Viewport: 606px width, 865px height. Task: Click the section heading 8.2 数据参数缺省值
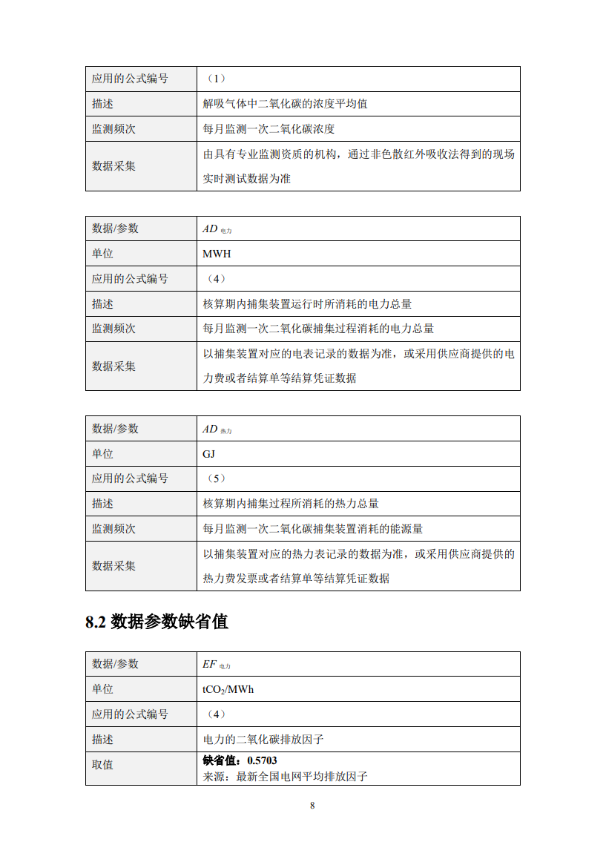click(157, 622)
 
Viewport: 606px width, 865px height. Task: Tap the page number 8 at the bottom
click(312, 806)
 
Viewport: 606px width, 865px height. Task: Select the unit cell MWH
click(217, 254)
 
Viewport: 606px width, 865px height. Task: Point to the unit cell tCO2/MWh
click(228, 689)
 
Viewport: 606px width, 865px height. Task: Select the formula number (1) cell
click(214, 79)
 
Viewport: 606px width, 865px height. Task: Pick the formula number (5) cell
click(214, 478)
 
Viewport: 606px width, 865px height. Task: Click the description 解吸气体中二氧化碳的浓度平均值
click(286, 104)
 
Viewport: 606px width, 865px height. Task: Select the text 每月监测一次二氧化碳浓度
click(269, 128)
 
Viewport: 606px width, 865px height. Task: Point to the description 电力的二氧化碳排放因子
click(263, 739)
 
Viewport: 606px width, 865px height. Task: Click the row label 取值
click(102, 764)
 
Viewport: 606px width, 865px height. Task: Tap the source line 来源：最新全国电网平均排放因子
click(286, 777)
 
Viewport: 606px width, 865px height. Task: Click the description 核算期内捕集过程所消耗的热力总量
click(291, 504)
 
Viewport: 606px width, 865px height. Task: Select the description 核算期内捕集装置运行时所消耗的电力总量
click(307, 303)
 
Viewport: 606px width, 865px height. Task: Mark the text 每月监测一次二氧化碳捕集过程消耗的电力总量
click(318, 329)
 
